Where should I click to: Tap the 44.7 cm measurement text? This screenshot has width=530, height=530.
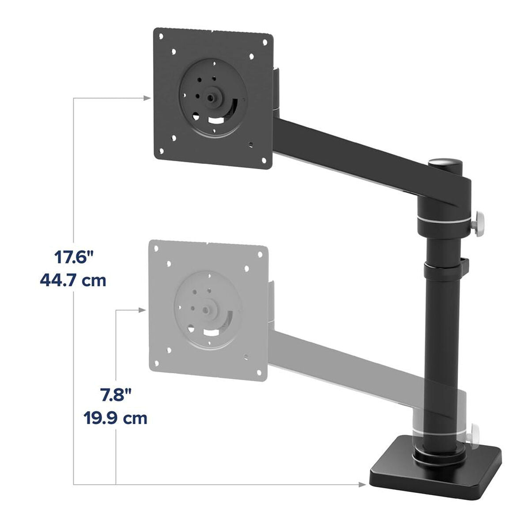(x=74, y=280)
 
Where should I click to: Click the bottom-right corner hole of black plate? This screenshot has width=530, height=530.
(x=264, y=161)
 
